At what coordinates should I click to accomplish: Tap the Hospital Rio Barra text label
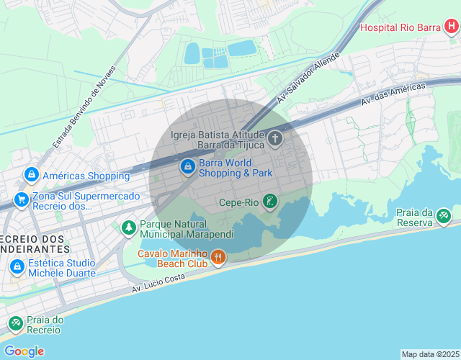[400, 28]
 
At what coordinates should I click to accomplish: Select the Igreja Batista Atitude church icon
[275, 138]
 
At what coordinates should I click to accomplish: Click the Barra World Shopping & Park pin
[187, 167]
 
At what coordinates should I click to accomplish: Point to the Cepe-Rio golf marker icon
[269, 202]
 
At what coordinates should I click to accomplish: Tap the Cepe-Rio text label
[238, 202]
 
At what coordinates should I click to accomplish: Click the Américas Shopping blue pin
[31, 175]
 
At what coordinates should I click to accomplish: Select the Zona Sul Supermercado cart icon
[21, 199]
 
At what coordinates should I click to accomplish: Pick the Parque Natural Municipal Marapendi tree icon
[128, 228]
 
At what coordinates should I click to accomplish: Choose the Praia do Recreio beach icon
[15, 325]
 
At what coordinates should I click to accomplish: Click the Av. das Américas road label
[393, 94]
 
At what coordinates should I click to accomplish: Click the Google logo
[24, 351]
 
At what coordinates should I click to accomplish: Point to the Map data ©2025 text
[430, 354]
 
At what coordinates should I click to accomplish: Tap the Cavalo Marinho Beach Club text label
[172, 258]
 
